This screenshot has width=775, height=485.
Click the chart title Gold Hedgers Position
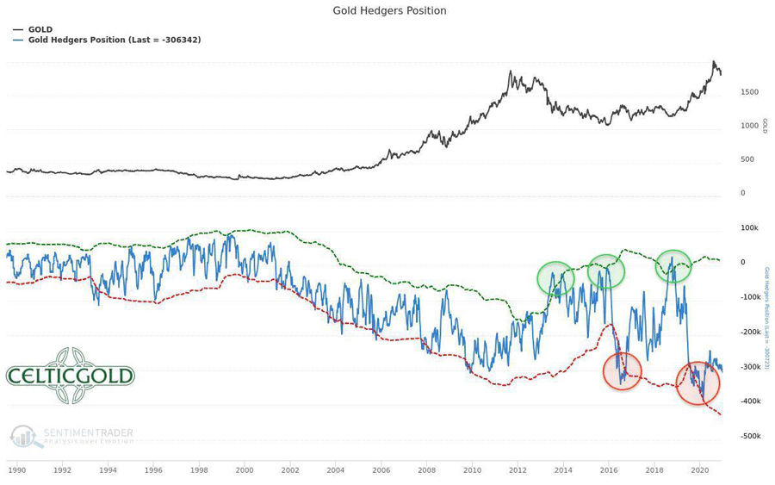(389, 11)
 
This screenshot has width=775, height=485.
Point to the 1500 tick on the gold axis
(749, 92)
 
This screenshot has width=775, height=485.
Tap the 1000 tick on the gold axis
(749, 126)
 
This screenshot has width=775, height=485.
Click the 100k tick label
(748, 228)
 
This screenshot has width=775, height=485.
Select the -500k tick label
(747, 436)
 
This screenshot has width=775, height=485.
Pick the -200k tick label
(747, 333)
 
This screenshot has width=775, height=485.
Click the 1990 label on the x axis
(16, 470)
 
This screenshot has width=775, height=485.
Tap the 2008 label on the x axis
(426, 470)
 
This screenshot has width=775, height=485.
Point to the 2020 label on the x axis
(699, 470)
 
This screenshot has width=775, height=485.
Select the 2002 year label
(289, 470)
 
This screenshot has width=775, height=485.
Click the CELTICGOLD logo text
(71, 376)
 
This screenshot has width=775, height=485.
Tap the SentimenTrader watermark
(73, 437)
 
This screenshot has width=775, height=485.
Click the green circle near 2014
(555, 278)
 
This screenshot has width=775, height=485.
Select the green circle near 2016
(606, 271)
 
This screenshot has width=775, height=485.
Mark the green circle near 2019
(673, 266)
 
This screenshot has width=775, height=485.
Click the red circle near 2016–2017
(622, 371)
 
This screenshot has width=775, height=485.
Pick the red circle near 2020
(697, 383)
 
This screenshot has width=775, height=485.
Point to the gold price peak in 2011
(512, 72)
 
